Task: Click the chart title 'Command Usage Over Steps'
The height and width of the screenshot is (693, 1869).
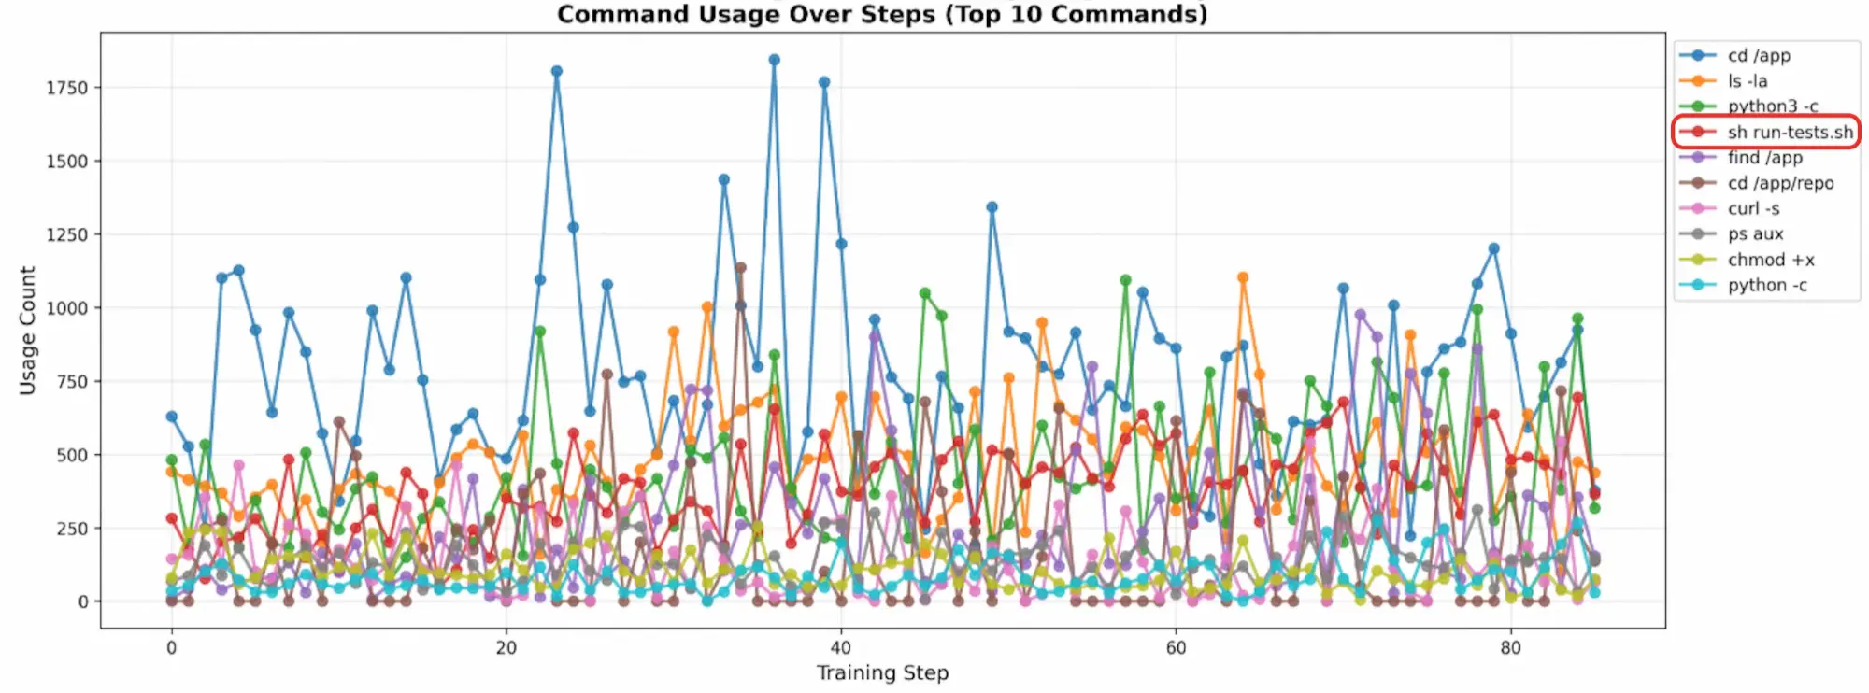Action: click(x=881, y=15)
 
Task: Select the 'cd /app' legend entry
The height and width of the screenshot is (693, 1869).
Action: click(x=1759, y=56)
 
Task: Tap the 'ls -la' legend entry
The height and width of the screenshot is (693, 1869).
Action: click(x=1747, y=81)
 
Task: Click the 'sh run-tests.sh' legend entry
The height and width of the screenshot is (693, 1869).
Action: click(x=1790, y=133)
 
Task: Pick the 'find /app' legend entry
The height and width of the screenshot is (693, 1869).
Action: click(x=1764, y=158)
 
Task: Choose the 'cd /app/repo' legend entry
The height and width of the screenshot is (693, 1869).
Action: click(x=1780, y=183)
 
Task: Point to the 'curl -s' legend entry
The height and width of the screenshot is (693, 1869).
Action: click(x=1753, y=208)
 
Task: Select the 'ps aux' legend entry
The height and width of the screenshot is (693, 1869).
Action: click(x=1755, y=233)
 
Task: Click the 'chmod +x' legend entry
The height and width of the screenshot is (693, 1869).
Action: click(x=1771, y=260)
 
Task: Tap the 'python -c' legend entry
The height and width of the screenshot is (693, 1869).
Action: click(x=1766, y=285)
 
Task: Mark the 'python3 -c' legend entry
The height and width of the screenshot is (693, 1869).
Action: click(x=1772, y=106)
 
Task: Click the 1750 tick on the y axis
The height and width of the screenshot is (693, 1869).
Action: click(x=66, y=88)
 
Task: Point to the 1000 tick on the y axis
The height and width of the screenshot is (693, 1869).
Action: click(x=66, y=308)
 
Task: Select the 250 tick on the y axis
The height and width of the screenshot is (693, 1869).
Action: click(x=71, y=529)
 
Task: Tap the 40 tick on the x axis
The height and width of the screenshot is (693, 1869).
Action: click(x=841, y=648)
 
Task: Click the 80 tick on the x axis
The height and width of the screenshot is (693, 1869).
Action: click(x=1510, y=648)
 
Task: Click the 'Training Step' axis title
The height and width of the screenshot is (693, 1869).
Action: click(x=882, y=672)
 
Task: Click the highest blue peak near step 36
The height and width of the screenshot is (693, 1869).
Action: click(x=774, y=60)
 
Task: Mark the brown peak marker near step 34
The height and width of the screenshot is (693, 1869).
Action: click(x=740, y=267)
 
